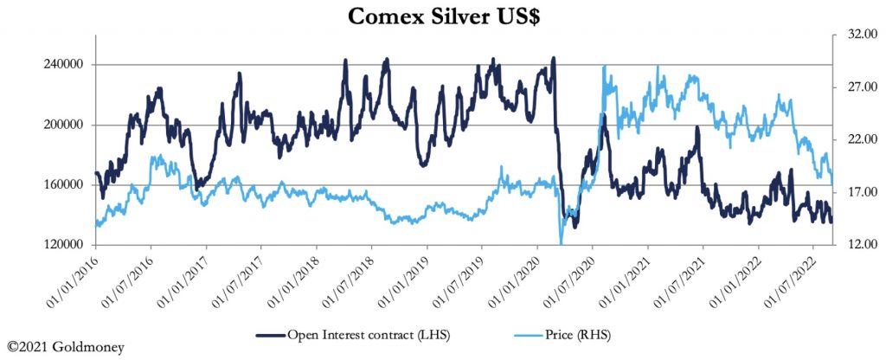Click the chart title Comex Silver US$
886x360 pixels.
[442, 16]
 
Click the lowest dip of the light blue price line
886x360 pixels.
[562, 243]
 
